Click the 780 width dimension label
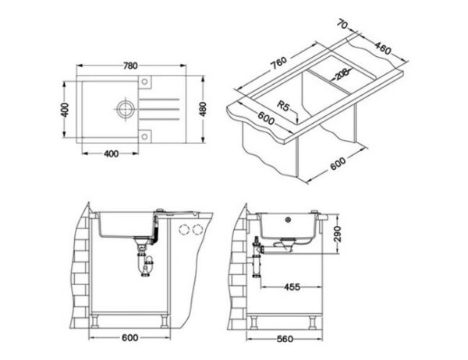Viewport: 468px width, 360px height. coord(130,65)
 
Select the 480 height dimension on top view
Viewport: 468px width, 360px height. coord(203,109)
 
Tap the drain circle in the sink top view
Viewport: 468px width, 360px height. coord(126,109)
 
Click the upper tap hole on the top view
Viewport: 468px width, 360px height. coord(144,81)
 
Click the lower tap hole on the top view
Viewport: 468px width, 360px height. coord(144,136)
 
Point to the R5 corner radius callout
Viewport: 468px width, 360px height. coord(283,105)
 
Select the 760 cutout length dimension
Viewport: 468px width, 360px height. coord(278,63)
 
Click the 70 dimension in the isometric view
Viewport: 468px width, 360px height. coord(342,24)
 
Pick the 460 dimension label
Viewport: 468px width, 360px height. coord(382,48)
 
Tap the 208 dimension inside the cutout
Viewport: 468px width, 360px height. coord(342,74)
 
